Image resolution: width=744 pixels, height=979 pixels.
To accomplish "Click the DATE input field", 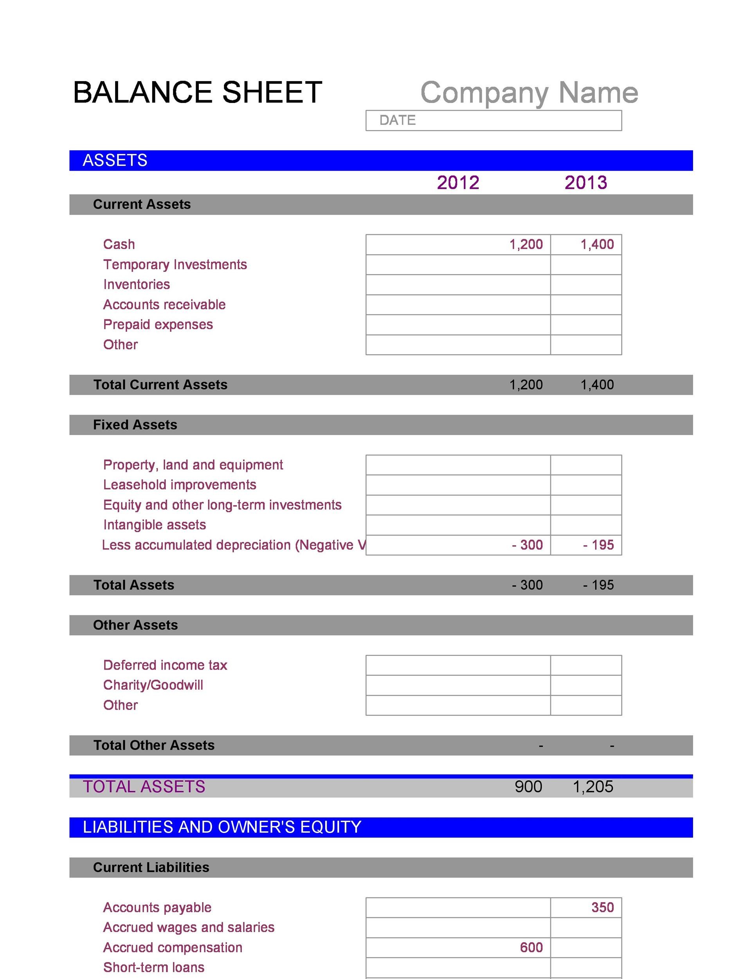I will [x=494, y=121].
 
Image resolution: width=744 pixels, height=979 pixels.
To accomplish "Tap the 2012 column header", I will [x=458, y=182].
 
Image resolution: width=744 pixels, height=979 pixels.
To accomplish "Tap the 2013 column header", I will [x=585, y=182].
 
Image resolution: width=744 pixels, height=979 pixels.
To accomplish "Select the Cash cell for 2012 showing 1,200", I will [x=458, y=244].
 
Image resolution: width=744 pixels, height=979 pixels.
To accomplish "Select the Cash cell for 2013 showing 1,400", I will [x=586, y=244].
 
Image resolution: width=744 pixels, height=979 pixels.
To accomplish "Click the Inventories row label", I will [x=137, y=284].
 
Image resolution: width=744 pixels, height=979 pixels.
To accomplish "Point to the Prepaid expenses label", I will [x=158, y=324].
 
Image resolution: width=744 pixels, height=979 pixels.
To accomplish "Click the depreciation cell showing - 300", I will [x=458, y=545].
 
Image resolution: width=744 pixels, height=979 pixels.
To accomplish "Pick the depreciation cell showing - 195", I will [x=586, y=545].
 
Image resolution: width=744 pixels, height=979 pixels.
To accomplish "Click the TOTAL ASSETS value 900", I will [x=528, y=787].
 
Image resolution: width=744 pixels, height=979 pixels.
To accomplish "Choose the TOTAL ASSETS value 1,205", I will [x=593, y=787].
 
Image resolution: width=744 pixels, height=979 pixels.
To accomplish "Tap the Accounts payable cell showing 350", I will [x=586, y=907].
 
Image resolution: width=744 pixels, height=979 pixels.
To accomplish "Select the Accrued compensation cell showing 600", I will [x=458, y=947].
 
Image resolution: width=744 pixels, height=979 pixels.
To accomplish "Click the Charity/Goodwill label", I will [x=153, y=685].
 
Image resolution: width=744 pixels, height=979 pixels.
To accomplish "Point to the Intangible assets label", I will [x=154, y=525].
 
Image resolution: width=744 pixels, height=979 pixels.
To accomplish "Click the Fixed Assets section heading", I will [x=135, y=425].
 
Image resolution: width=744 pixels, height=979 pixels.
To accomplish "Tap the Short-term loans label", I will [x=154, y=967].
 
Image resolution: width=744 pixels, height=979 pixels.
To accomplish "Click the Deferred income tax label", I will [x=165, y=665].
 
